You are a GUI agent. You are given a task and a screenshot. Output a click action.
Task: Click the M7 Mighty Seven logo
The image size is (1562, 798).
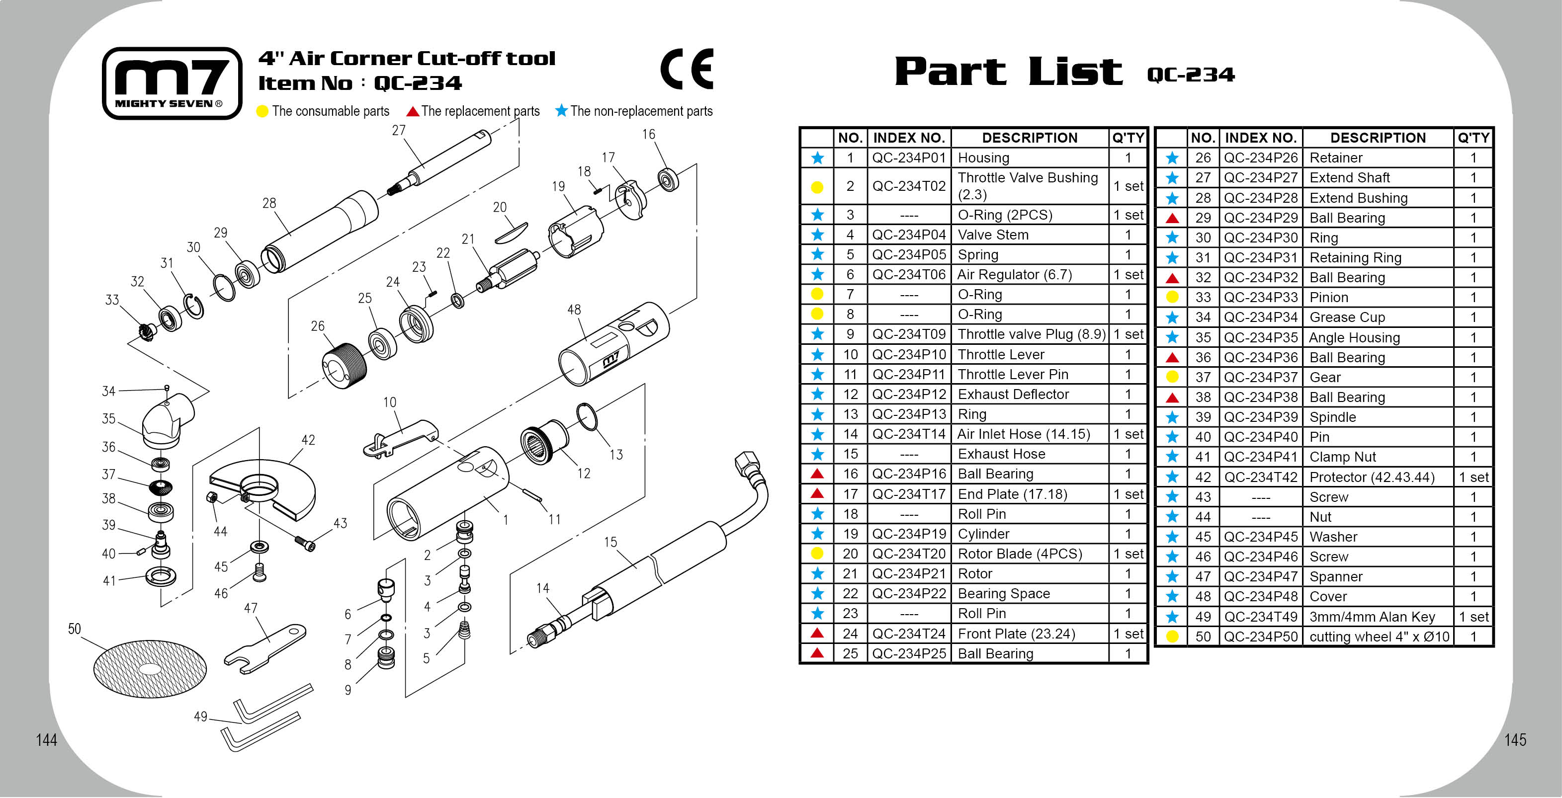click(x=172, y=83)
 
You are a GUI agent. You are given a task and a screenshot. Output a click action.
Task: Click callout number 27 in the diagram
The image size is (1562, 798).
click(x=398, y=130)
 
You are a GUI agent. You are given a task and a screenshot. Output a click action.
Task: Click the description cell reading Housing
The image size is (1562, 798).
click(x=983, y=158)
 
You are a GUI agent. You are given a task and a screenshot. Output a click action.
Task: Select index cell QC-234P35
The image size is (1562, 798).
click(x=1260, y=337)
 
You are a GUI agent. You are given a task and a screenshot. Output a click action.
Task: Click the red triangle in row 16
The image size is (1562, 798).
click(x=817, y=474)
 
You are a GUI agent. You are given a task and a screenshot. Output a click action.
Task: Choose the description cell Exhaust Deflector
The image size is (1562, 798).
click(x=1013, y=395)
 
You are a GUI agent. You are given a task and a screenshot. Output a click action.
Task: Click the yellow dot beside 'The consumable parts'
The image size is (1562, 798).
click(x=262, y=111)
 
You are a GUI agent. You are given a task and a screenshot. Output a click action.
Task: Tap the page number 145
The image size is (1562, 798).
click(x=1515, y=740)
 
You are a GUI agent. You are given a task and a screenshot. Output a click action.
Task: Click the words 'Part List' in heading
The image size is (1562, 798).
click(x=1008, y=72)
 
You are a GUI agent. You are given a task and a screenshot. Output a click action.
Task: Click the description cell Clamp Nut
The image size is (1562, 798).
click(x=1342, y=457)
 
